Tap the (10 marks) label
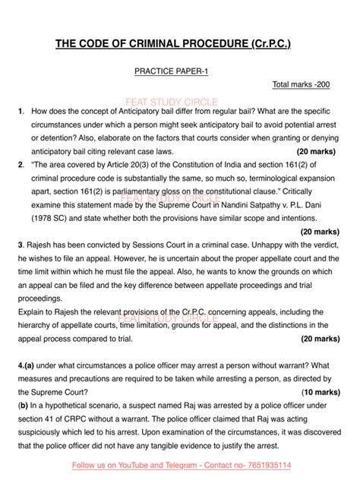coord(321,392)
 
